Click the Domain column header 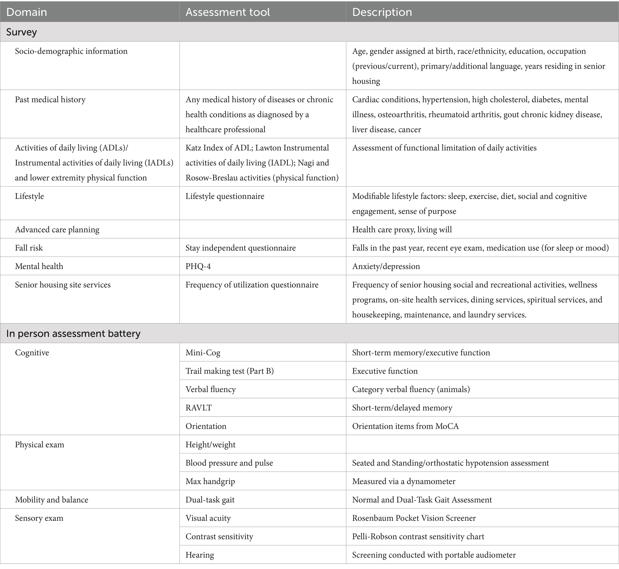(27, 12)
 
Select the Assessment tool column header (228, 12)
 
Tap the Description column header (382, 12)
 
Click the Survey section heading (22, 32)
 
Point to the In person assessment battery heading (73, 333)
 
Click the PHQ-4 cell (198, 266)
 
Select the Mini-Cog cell (203, 353)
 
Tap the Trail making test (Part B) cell (229, 371)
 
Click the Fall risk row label (29, 248)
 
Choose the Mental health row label (39, 266)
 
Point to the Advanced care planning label (57, 230)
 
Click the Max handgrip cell (210, 481)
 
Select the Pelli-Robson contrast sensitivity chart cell (418, 537)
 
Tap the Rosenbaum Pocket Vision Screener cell (414, 518)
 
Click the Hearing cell (200, 555)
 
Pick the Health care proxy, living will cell (402, 230)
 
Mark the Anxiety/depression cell (386, 266)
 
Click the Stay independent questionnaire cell (240, 248)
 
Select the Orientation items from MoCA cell (405, 426)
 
